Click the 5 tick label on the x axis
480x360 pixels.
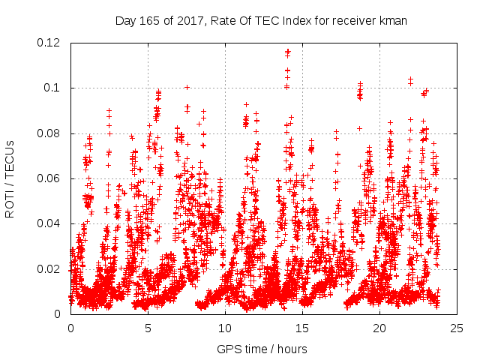(x=148, y=328)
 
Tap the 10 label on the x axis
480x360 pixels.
(x=225, y=328)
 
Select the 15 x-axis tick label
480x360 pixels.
(x=302, y=328)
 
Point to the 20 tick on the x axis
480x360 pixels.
(x=379, y=328)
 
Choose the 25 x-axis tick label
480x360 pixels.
(x=457, y=328)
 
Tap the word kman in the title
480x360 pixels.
(x=394, y=20)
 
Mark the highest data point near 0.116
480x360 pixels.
(x=287, y=51)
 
